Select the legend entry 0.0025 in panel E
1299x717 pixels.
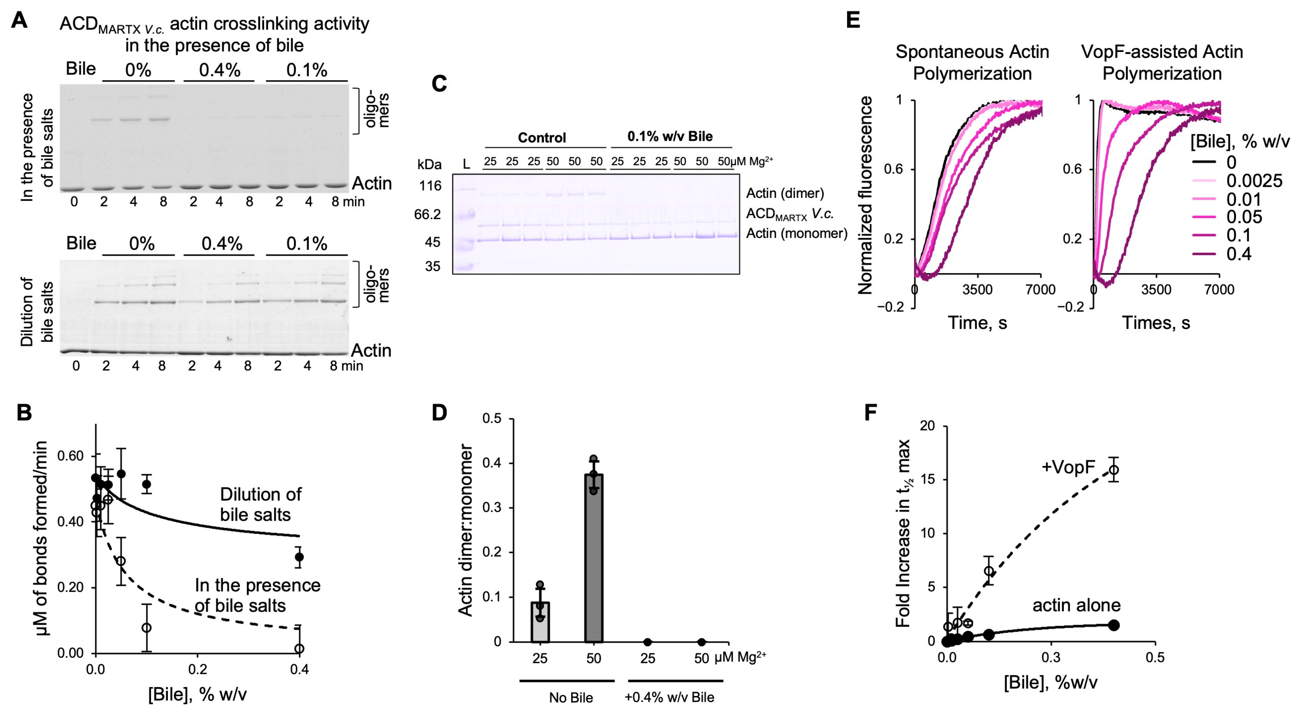(x=1254, y=180)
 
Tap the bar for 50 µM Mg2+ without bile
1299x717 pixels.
(x=594, y=557)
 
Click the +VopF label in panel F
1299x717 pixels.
(x=1068, y=468)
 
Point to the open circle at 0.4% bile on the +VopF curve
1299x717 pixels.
(x=1113, y=470)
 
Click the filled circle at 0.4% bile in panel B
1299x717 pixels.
(x=299, y=557)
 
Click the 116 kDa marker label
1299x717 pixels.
(x=430, y=186)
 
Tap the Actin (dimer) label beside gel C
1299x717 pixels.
(x=785, y=193)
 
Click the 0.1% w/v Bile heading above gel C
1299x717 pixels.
(x=670, y=136)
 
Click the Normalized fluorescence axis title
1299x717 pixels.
(x=865, y=195)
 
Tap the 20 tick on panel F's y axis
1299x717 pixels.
(x=927, y=426)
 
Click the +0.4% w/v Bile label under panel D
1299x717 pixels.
(x=669, y=697)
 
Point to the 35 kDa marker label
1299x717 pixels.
(x=432, y=266)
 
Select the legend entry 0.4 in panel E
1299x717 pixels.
(x=1238, y=254)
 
